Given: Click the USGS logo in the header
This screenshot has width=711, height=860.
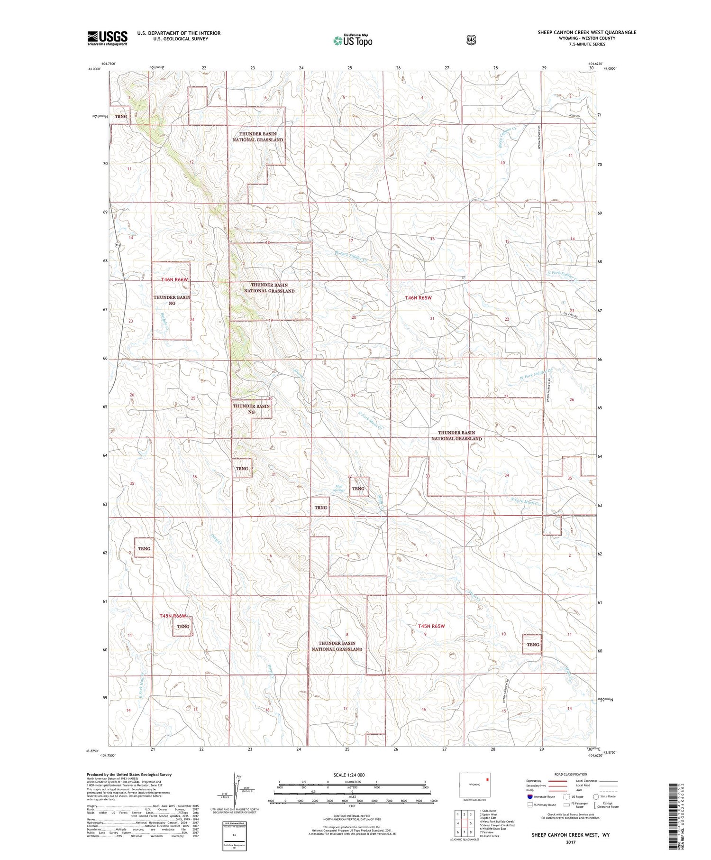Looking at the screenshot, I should [x=108, y=38].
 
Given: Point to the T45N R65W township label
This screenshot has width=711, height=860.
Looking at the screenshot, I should [x=431, y=626].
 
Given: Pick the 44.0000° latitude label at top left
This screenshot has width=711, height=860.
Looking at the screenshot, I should [x=94, y=69].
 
